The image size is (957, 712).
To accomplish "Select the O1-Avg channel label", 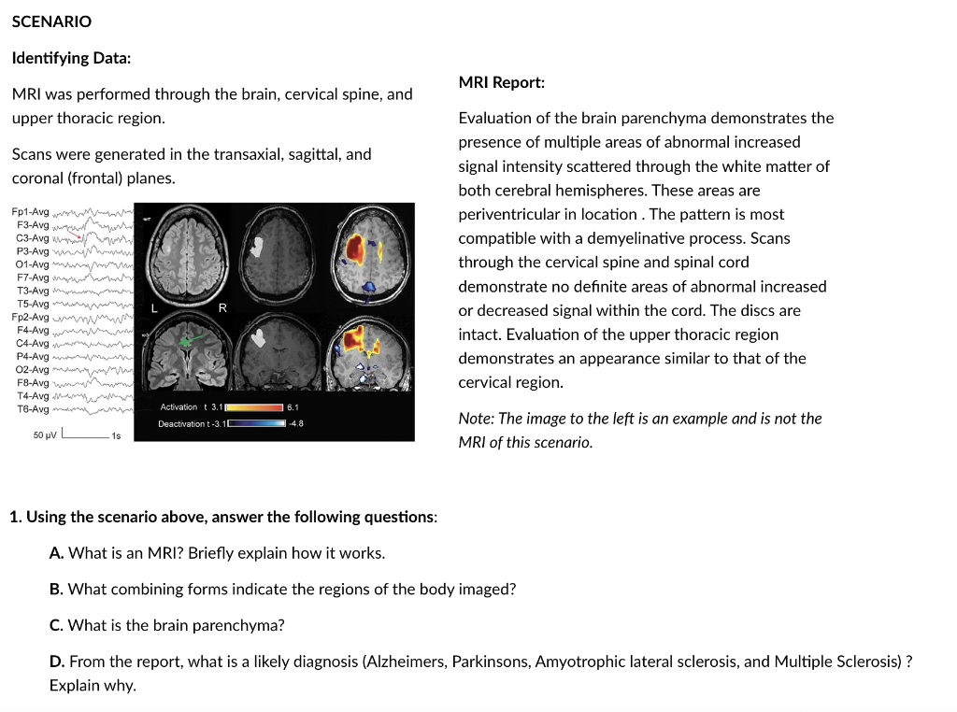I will pos(33,264).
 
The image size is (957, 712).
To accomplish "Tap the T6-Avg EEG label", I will pos(33,408).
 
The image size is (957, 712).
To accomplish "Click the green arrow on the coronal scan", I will pos(191,341).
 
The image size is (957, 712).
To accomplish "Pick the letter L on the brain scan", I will pos(155,308).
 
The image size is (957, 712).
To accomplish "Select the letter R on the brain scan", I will pos(221,308).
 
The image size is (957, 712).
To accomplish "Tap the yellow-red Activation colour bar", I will pos(253,407).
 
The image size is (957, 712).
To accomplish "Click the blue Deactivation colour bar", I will pos(257,423).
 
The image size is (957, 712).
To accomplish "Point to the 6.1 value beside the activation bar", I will pos(293,407).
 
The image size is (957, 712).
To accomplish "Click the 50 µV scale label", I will pos(45,434).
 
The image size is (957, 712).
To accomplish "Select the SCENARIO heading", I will pos(51,21).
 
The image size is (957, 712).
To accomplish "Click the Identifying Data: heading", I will pos(71,58).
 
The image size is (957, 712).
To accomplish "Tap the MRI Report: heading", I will pos(501,82).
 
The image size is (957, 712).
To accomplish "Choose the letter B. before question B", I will pos(56,589).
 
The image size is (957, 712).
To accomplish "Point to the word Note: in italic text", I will pos(477,419).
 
